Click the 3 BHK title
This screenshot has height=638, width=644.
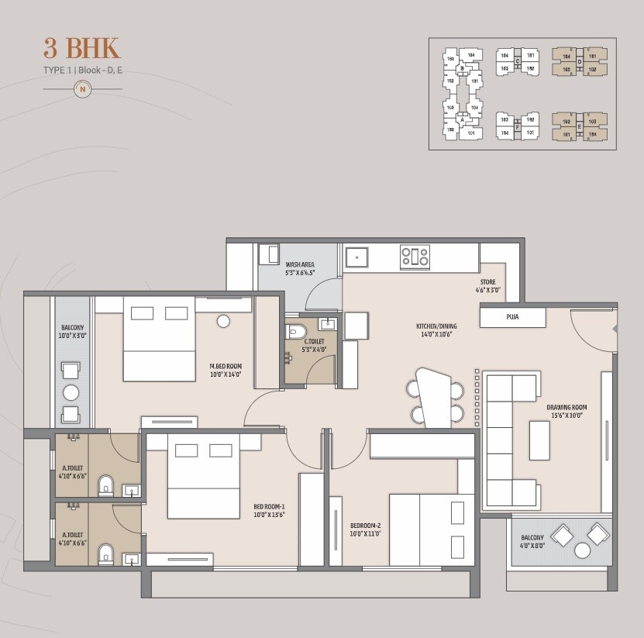(x=82, y=47)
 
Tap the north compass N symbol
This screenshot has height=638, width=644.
(x=82, y=89)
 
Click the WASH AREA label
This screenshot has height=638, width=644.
(x=299, y=264)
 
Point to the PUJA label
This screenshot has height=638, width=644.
(x=512, y=316)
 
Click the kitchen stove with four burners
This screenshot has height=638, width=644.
(x=415, y=256)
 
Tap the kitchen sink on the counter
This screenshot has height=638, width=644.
(x=357, y=256)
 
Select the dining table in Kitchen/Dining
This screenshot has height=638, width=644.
(x=433, y=396)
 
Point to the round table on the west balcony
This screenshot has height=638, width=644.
(x=71, y=391)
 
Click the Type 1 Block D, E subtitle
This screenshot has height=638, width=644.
(x=82, y=71)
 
